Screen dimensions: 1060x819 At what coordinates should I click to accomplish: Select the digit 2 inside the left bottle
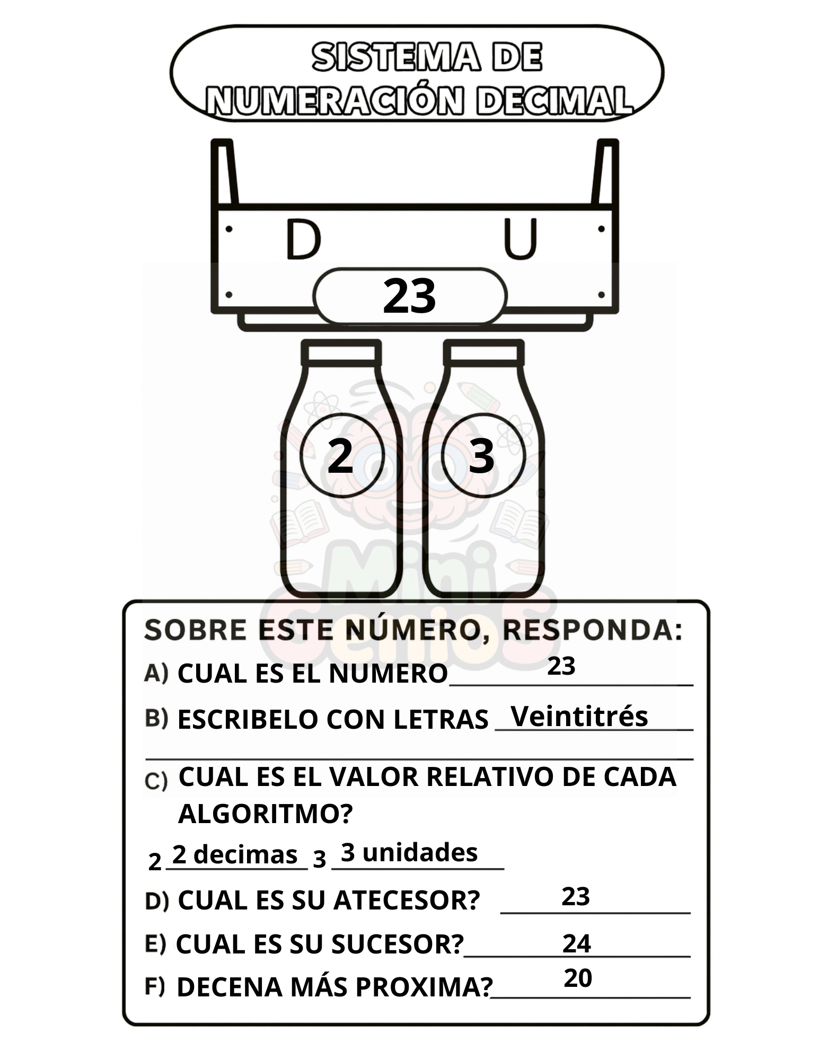pyautogui.click(x=340, y=455)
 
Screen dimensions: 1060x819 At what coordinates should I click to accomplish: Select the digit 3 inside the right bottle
pyautogui.click(x=482, y=456)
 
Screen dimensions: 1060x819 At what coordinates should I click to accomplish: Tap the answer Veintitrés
pyautogui.click(x=579, y=716)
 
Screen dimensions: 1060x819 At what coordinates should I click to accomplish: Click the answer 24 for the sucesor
pyautogui.click(x=577, y=944)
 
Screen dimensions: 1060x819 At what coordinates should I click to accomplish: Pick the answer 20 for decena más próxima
pyautogui.click(x=578, y=978)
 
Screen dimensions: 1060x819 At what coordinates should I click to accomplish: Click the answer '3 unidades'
pyautogui.click(x=409, y=852)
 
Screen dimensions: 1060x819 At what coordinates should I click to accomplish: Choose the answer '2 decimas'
pyautogui.click(x=235, y=854)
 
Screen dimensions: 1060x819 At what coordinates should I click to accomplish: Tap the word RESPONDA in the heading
pyautogui.click(x=592, y=630)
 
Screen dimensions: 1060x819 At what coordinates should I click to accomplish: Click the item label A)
pyautogui.click(x=156, y=673)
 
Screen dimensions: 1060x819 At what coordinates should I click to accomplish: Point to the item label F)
pyautogui.click(x=155, y=986)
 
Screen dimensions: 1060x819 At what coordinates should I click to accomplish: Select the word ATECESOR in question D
pyautogui.click(x=407, y=900)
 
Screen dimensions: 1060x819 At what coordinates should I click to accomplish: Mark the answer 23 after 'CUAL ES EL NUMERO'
pyautogui.click(x=561, y=666)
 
